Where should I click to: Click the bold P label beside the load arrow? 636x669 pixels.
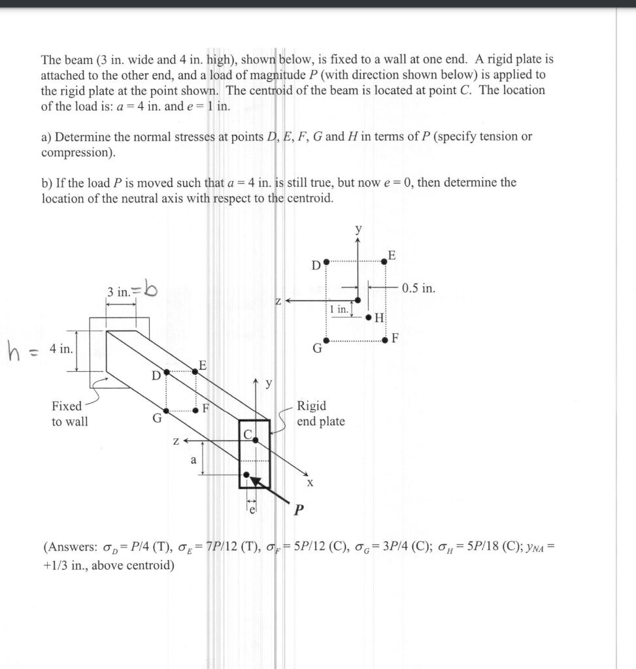coord(299,510)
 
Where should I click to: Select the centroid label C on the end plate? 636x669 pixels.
coord(248,434)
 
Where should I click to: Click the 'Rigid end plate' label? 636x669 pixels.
coord(320,414)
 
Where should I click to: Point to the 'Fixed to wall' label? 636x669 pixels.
coord(69,414)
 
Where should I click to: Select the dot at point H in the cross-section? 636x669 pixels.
coord(369,318)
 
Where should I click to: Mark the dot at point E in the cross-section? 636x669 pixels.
coord(384,261)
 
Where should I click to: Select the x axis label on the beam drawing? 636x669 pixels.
coord(310,483)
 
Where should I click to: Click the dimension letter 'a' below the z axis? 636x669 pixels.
coord(192,459)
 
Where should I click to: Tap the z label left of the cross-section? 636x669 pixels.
coord(278,301)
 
